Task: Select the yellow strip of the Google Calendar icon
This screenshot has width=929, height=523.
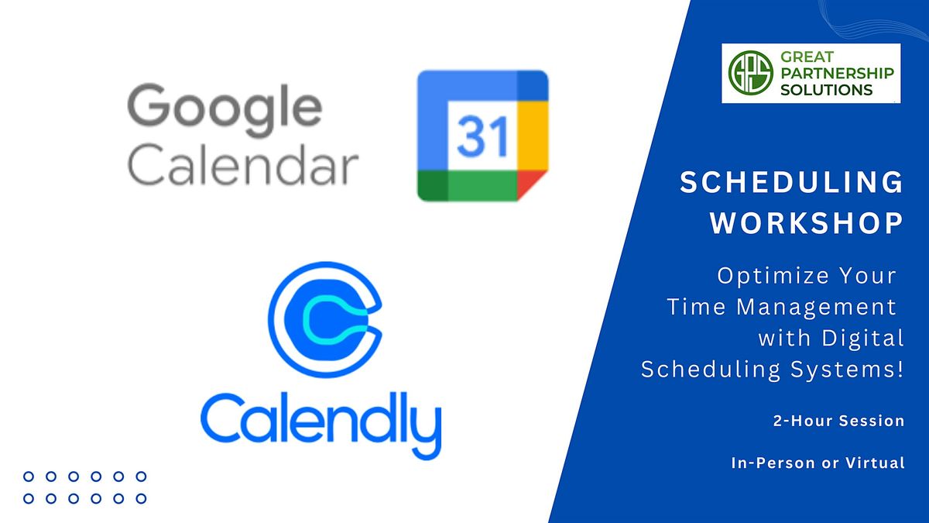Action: click(x=533, y=136)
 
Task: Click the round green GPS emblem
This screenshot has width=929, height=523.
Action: click(x=745, y=73)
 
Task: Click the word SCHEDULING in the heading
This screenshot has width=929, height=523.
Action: click(x=791, y=183)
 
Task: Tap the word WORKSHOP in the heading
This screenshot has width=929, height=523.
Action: click(x=807, y=223)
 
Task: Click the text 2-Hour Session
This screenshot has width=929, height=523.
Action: click(x=838, y=421)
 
